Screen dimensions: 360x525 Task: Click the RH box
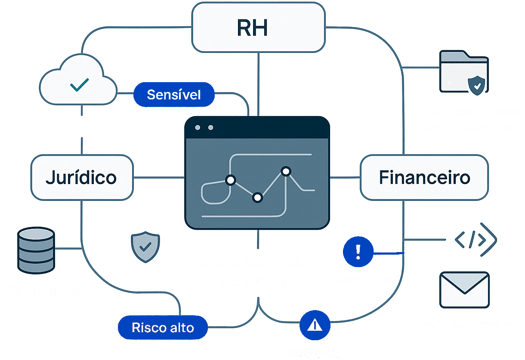(258, 28)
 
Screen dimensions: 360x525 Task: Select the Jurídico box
(81, 177)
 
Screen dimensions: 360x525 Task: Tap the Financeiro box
(424, 177)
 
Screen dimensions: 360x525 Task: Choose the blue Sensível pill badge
(174, 95)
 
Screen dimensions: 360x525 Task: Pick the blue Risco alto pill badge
(163, 327)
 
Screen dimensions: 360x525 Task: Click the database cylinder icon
(36, 251)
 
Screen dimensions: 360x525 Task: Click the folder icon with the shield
(464, 72)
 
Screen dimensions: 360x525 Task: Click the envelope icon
(464, 289)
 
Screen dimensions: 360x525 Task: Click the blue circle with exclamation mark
(358, 251)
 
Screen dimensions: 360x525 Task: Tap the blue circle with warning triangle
(315, 326)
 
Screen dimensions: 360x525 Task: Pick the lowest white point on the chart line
(257, 197)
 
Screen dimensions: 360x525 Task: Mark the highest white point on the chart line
(286, 171)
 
